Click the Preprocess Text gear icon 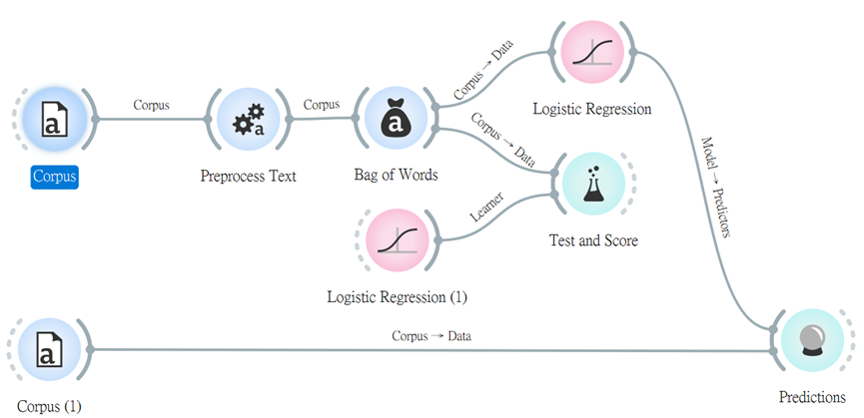[x=249, y=119]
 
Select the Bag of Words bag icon [x=395, y=119]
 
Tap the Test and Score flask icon [x=593, y=184]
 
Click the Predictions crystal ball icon [x=812, y=340]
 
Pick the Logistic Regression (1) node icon [x=398, y=239]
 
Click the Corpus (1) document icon [x=49, y=349]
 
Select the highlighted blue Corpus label [x=55, y=178]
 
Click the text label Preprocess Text [x=248, y=177]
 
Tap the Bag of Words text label [x=396, y=176]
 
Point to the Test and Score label [x=593, y=240]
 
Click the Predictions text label [x=812, y=398]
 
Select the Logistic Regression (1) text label [x=397, y=297]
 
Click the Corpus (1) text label [x=49, y=407]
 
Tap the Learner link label [x=487, y=208]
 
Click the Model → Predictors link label [x=716, y=187]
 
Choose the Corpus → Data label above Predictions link [x=432, y=335]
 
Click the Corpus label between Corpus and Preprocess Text [x=152, y=105]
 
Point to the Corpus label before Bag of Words [x=322, y=104]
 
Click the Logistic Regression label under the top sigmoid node [x=592, y=109]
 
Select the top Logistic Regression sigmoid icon [x=592, y=52]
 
